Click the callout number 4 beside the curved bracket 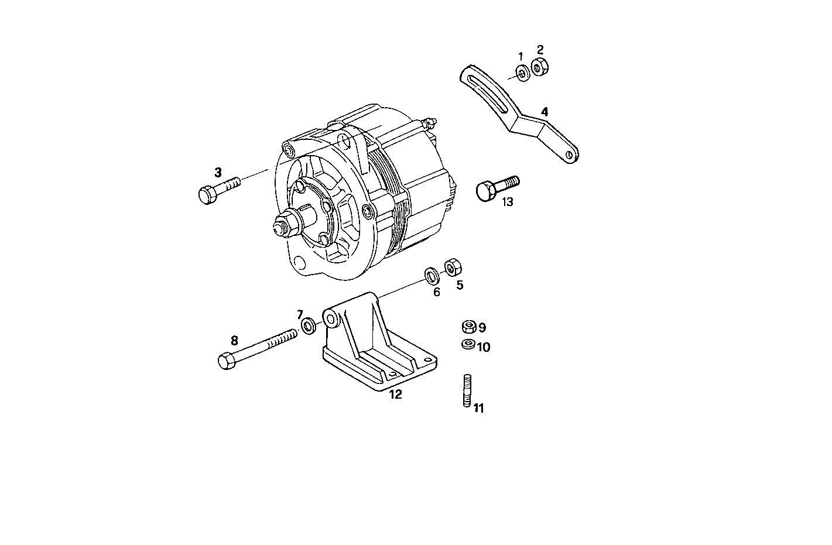tap(545, 111)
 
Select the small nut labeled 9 tap(468, 327)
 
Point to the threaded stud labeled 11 tap(467, 390)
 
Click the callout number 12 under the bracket tap(396, 395)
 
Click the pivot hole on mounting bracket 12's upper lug tap(331, 319)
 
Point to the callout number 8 tap(234, 340)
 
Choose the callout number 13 tap(507, 202)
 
